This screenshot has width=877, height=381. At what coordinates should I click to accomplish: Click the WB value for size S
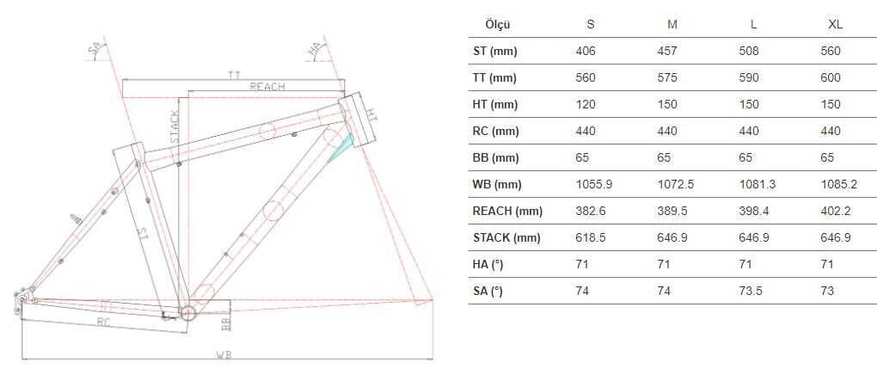[x=593, y=184]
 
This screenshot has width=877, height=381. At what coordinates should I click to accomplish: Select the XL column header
[x=835, y=24]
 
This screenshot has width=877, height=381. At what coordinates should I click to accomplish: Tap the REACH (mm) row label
[x=508, y=211]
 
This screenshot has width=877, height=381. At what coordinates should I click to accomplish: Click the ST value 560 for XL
[x=831, y=51]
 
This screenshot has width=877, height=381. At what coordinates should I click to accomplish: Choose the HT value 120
[x=586, y=104]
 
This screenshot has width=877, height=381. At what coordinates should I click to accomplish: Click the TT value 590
[x=749, y=77]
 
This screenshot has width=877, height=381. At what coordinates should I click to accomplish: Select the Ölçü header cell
[x=498, y=24]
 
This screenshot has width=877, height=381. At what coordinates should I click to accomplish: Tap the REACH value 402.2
[x=836, y=211]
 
